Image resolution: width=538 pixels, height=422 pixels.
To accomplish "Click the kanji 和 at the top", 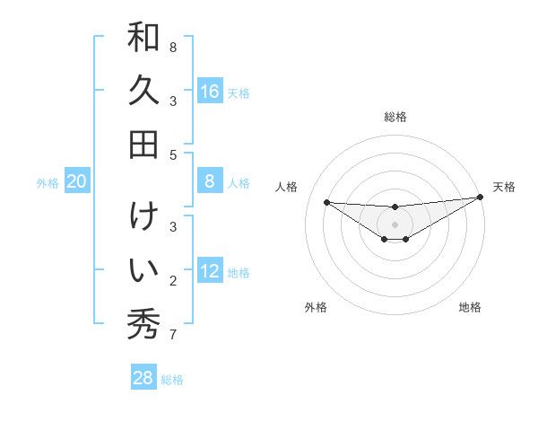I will pos(143,38).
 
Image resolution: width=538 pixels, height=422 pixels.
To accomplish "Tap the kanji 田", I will pos(143,144).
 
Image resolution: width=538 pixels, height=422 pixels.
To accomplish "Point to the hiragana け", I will pos(143,217).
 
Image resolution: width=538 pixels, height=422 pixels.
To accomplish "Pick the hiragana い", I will pos(143,269).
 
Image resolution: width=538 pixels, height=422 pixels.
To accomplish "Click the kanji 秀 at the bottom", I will pos(143,323).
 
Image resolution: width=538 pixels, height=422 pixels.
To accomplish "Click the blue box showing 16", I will pos(210,92).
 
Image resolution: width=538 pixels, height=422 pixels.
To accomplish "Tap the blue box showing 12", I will pos(210,271).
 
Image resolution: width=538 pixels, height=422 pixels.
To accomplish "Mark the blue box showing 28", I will pos(143,378).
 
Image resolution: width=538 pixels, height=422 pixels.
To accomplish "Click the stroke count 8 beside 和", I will pos(173,47).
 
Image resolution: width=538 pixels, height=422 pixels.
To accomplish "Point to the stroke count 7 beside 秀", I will pos(173,335).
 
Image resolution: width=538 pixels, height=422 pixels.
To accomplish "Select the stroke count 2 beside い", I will pos(173,281).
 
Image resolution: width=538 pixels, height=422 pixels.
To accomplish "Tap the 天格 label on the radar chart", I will pos(504,187).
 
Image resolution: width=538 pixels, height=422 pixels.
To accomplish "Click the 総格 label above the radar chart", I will pos(395,117).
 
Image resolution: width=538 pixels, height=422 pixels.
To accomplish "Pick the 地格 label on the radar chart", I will pos(470,307).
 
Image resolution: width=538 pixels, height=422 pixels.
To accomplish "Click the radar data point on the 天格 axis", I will pos(479,198).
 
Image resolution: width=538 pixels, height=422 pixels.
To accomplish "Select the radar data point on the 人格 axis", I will pos(326,202).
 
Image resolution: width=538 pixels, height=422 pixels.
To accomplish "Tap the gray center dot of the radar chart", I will pos(395,224).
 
